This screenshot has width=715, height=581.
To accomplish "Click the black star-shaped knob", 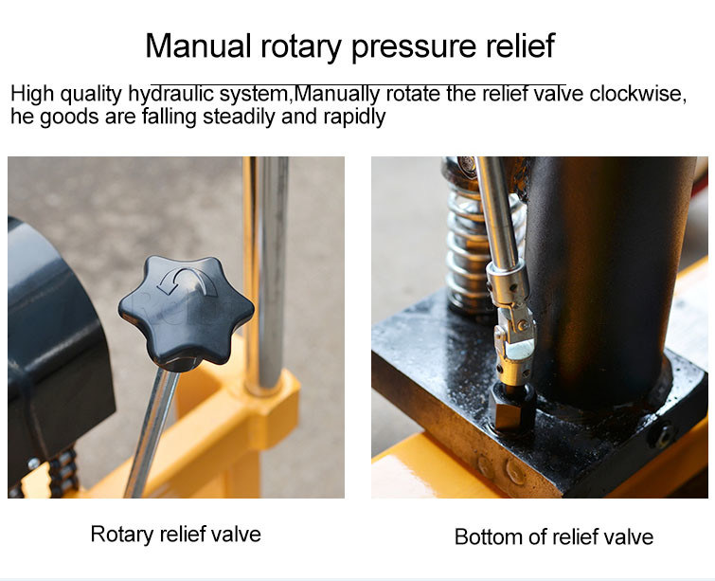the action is (x=186, y=310).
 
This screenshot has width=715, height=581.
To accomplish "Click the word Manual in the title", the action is (x=198, y=45).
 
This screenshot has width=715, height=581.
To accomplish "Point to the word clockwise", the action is (x=637, y=94).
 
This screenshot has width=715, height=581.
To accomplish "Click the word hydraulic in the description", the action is (x=171, y=95).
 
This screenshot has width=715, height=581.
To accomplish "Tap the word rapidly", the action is (x=354, y=117).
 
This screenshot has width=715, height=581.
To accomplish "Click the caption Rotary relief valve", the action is (x=175, y=534).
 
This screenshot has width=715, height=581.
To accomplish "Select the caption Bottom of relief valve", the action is (x=554, y=536).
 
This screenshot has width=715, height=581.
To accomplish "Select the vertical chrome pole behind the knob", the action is (x=265, y=274).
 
